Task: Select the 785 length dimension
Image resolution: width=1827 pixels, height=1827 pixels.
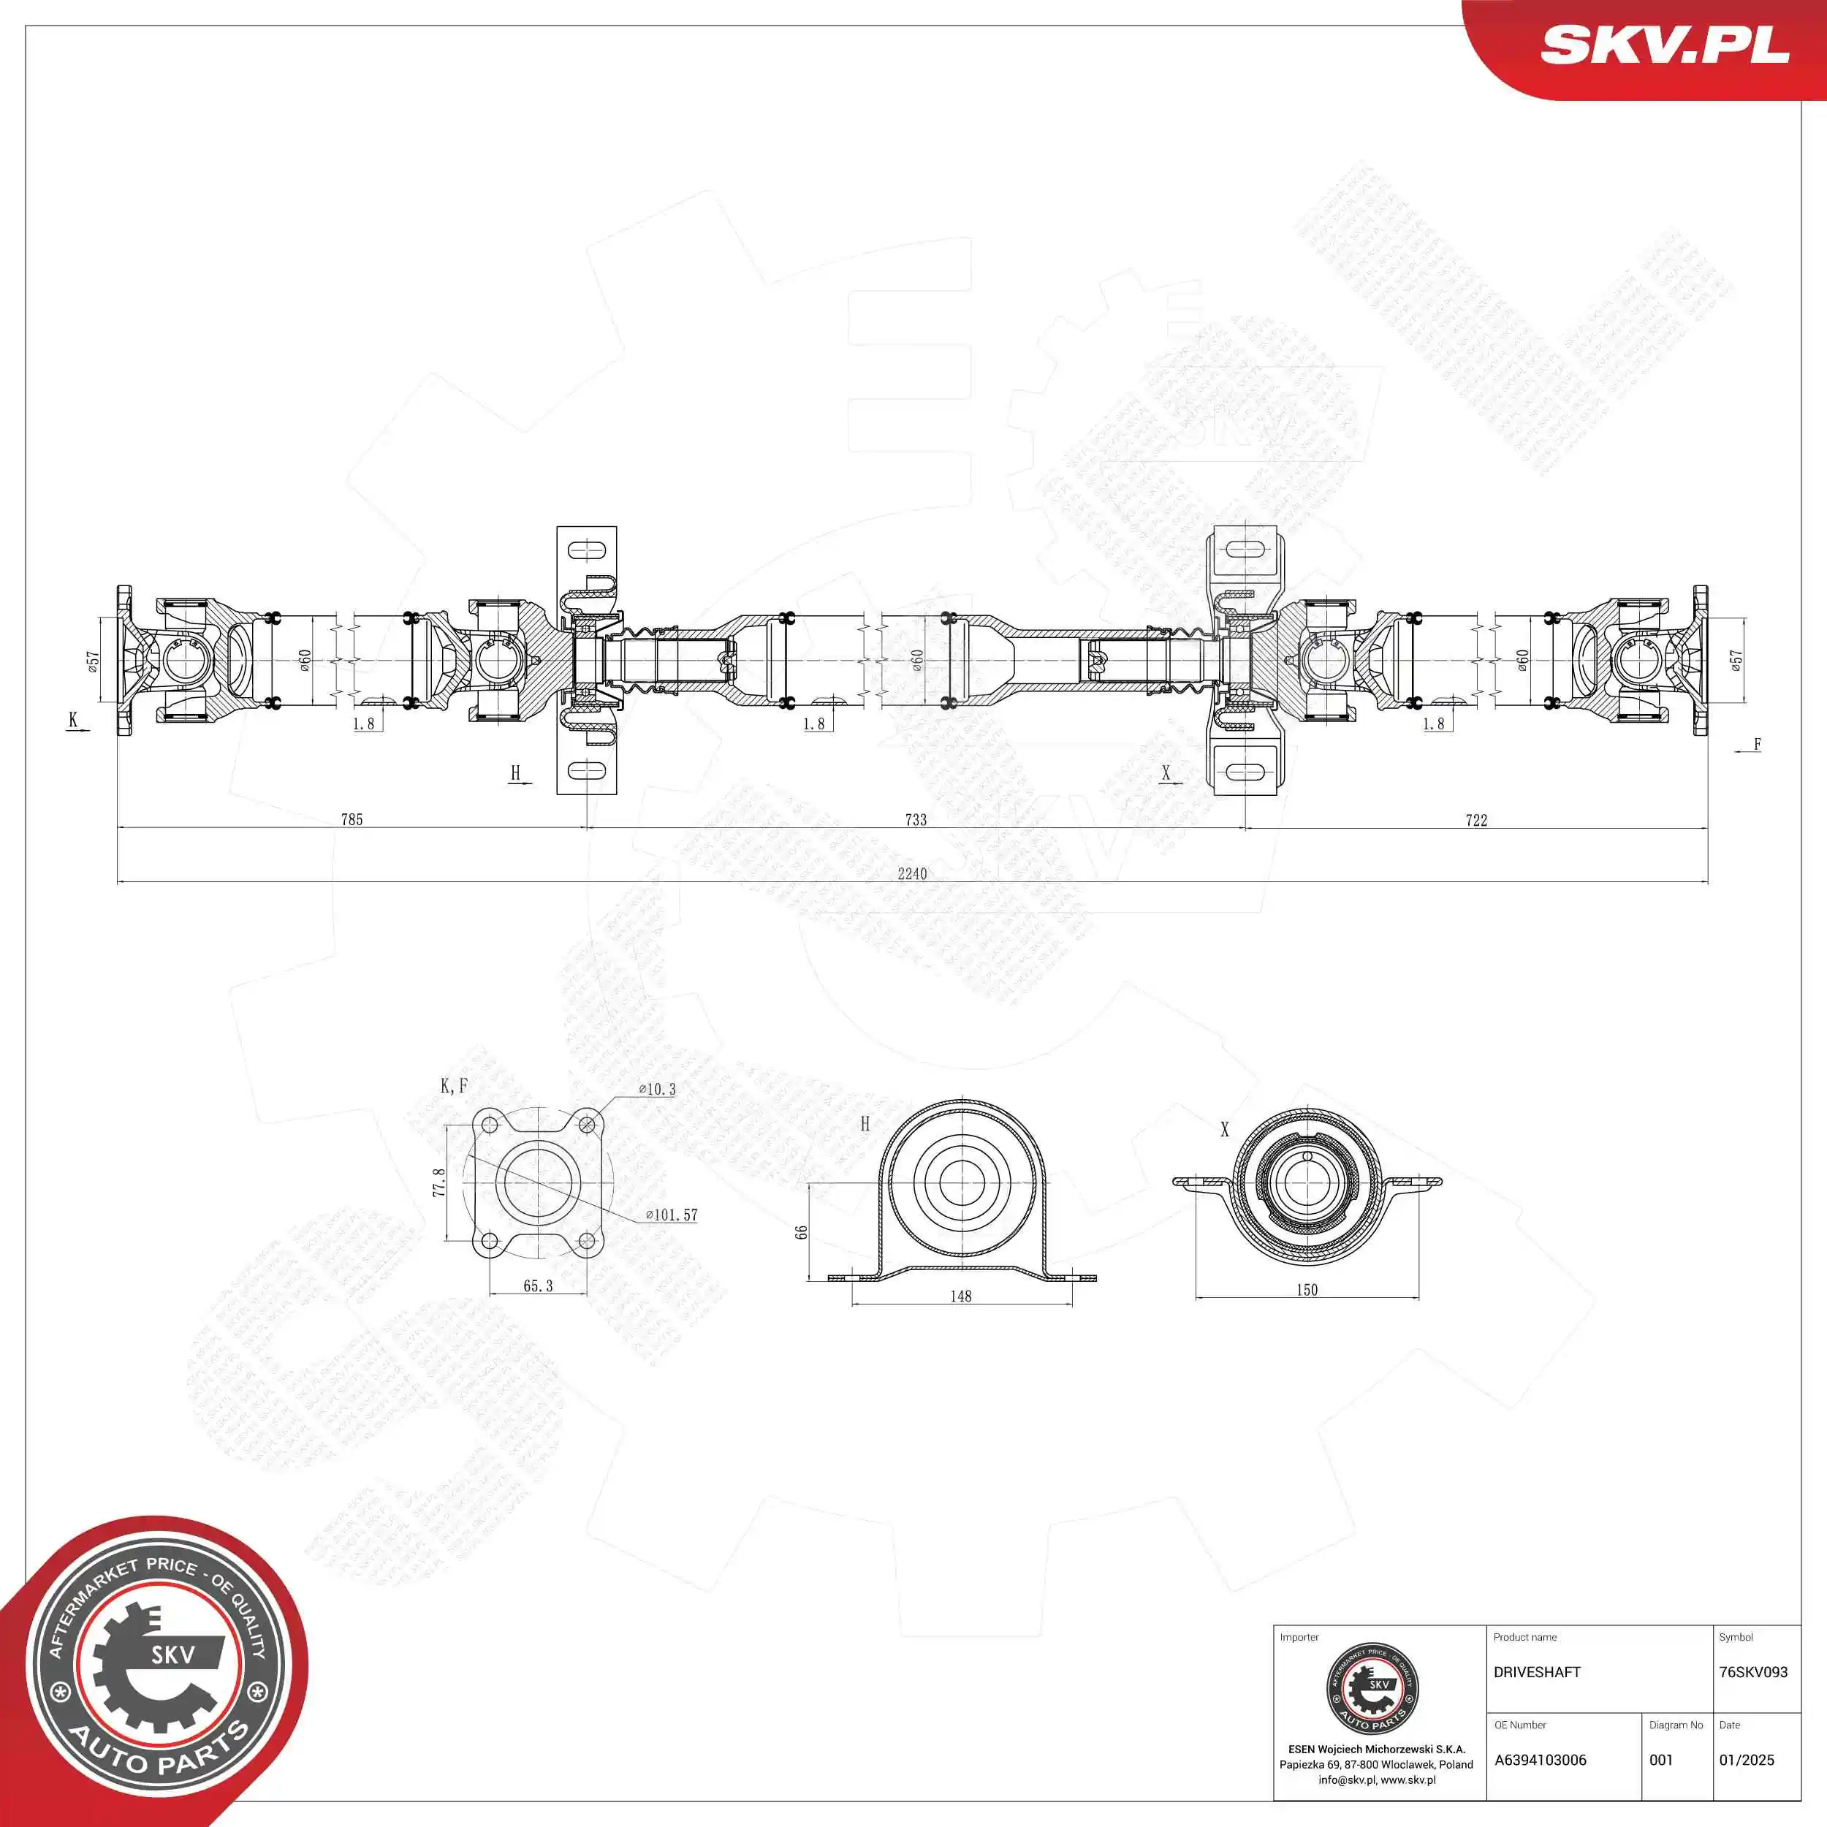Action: click(x=352, y=820)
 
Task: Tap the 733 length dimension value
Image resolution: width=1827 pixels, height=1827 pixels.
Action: click(x=916, y=820)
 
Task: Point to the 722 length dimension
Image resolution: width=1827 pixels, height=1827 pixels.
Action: click(x=1476, y=821)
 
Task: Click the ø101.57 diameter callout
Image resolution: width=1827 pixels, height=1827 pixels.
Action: click(x=672, y=1215)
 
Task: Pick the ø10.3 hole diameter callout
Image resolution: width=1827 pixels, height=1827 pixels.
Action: click(x=657, y=1090)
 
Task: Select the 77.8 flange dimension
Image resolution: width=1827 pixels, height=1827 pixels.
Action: click(x=438, y=1182)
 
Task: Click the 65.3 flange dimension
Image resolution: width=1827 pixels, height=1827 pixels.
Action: click(x=537, y=1286)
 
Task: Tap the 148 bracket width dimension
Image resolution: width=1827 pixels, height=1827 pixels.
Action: click(x=961, y=1296)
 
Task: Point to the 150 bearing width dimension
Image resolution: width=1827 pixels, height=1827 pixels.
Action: click(x=1307, y=1290)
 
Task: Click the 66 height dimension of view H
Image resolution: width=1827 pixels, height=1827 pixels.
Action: click(x=802, y=1232)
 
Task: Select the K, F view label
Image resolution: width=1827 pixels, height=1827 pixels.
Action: click(x=454, y=1087)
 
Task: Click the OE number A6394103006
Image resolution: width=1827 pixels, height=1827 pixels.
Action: click(x=1541, y=1760)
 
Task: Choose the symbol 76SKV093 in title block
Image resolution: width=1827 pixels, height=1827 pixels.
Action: click(x=1753, y=1672)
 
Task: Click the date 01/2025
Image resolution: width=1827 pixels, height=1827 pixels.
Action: click(x=1747, y=1760)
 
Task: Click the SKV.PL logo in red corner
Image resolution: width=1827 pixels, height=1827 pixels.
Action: click(x=1664, y=45)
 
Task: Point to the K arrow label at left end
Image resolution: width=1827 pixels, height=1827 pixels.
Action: click(x=74, y=721)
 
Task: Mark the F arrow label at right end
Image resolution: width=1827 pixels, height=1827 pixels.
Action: click(x=1757, y=744)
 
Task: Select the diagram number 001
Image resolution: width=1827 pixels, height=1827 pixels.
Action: click(x=1662, y=1760)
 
